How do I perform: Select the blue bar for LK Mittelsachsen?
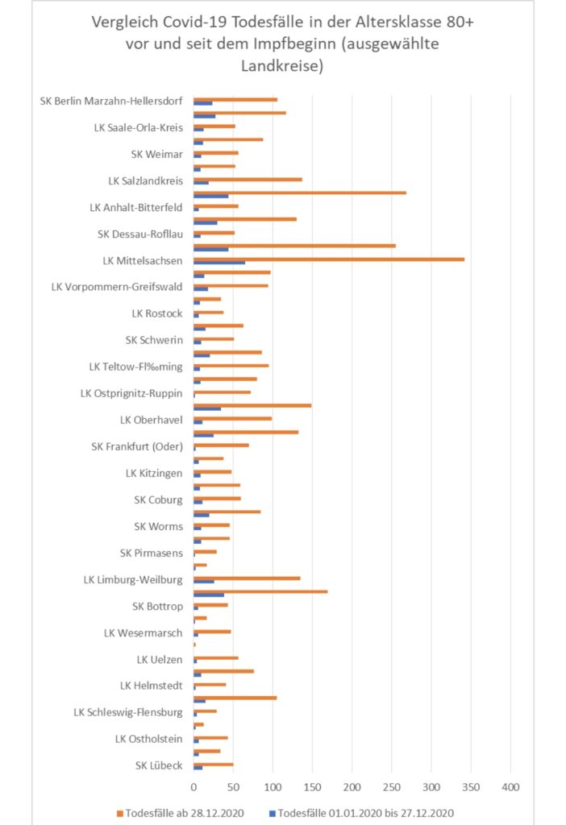[x=219, y=263]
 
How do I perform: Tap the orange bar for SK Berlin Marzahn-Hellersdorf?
[x=235, y=99]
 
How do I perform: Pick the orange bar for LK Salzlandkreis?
[x=248, y=179]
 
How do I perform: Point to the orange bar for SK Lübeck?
[x=213, y=764]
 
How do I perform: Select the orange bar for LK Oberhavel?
[x=232, y=418]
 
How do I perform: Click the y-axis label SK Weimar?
[x=156, y=154]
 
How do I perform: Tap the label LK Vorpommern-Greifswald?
[x=117, y=287]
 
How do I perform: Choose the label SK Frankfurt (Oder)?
[x=137, y=446]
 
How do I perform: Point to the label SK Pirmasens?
[x=151, y=553]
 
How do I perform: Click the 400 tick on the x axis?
[x=510, y=786]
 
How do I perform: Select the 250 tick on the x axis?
[x=392, y=786]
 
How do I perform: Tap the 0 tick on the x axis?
[x=194, y=786]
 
